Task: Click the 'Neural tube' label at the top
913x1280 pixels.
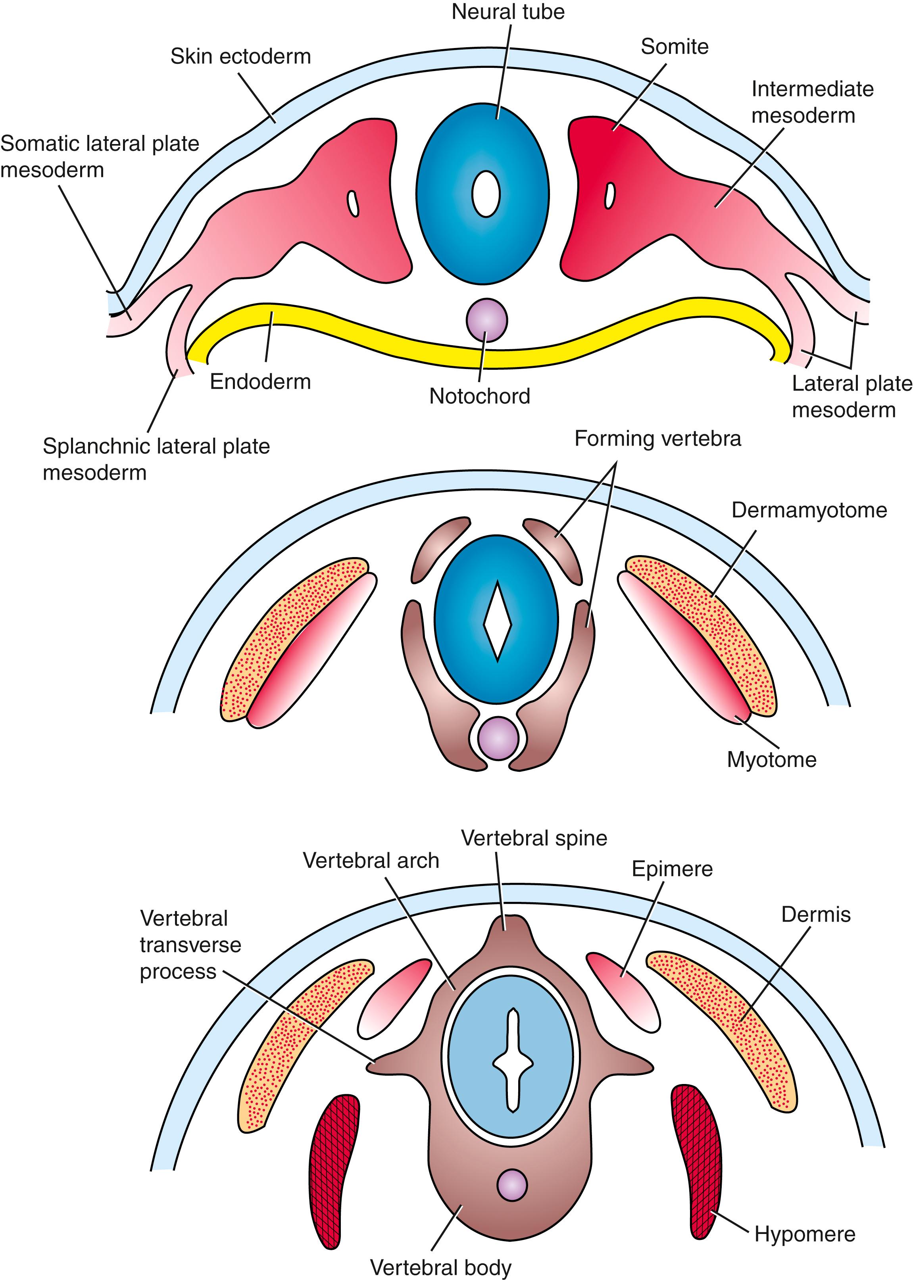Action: coord(507,12)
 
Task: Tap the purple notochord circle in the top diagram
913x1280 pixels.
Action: coord(487,320)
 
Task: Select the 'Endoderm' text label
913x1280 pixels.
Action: coord(260,382)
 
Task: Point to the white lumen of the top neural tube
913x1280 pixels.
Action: coord(486,194)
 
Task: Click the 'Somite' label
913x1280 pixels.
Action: coord(674,47)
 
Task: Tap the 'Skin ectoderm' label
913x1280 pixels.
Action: coord(240,56)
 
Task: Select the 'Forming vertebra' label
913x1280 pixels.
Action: coord(657,438)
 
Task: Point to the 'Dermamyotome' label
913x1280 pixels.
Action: coord(809,510)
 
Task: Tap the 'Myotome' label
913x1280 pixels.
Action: coord(771,759)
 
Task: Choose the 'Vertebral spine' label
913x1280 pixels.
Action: coord(534,838)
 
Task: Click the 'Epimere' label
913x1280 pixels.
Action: coord(672,869)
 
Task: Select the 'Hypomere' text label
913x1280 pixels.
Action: coord(805,1234)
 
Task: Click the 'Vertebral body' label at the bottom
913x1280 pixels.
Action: coord(441,1268)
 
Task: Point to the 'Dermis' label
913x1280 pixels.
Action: coord(816,915)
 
